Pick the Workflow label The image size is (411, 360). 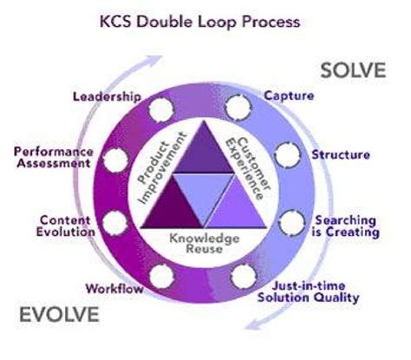(114, 287)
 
